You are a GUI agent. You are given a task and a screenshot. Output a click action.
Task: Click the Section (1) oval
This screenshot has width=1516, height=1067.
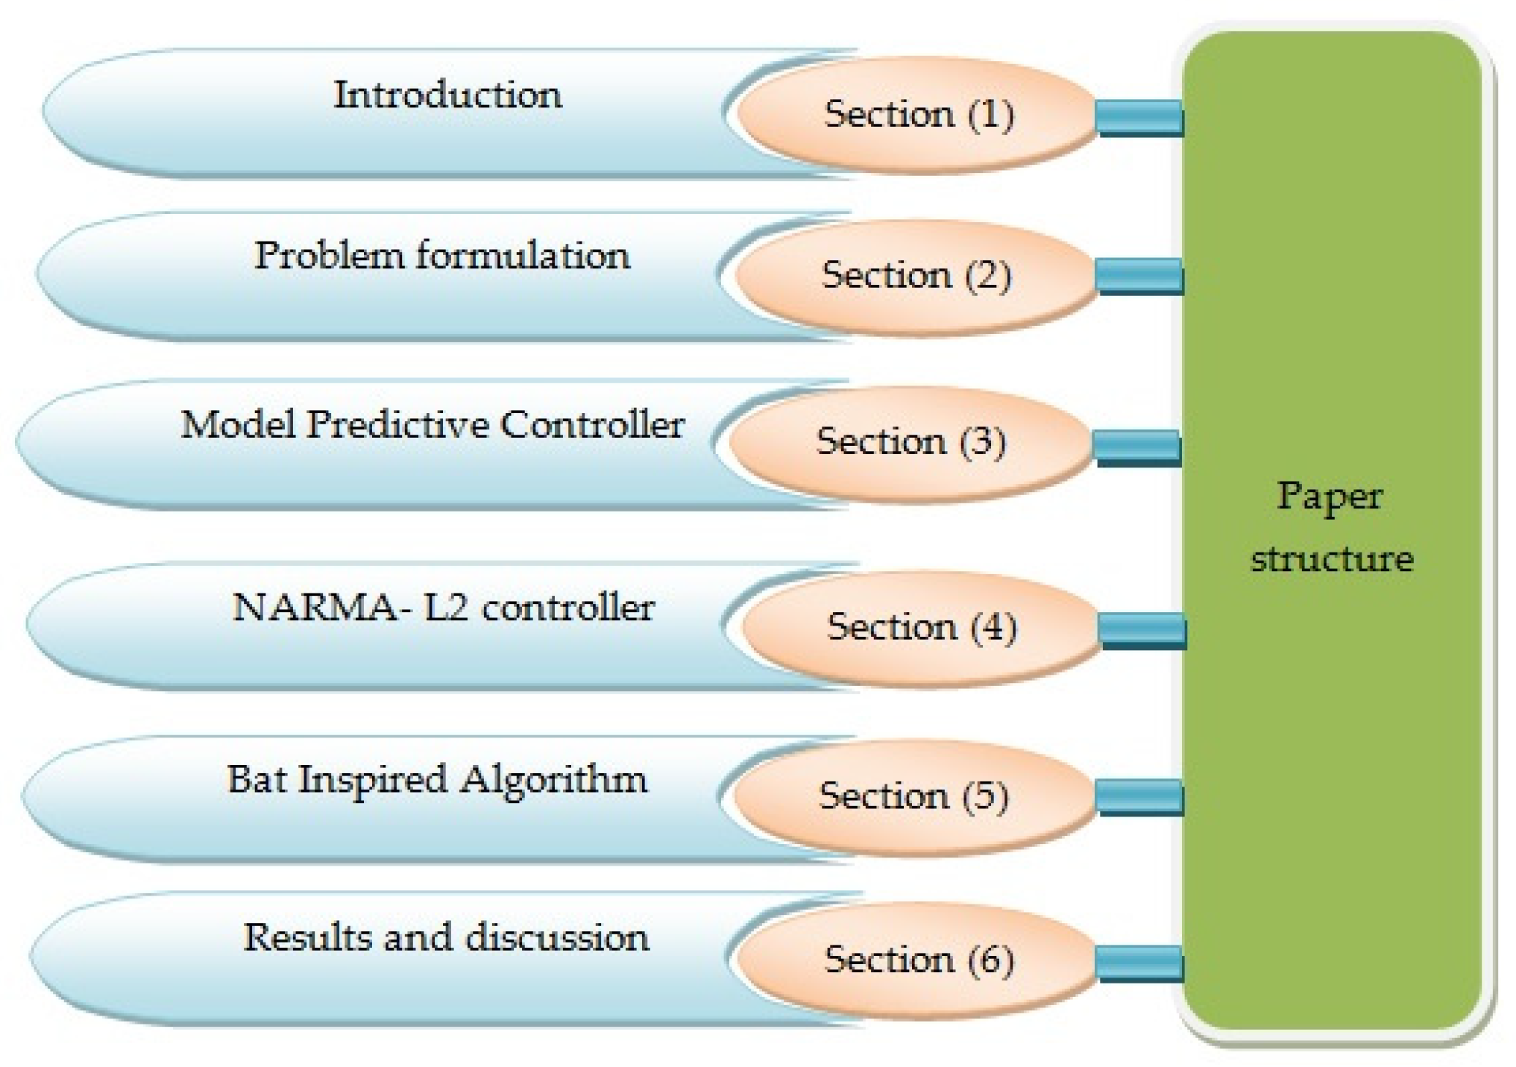(x=917, y=115)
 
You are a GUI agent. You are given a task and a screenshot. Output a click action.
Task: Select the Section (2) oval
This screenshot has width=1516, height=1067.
(x=916, y=276)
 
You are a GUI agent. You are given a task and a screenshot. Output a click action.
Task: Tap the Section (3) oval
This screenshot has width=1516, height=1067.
(x=910, y=442)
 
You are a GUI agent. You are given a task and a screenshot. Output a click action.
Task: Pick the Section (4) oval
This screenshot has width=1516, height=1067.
(x=921, y=627)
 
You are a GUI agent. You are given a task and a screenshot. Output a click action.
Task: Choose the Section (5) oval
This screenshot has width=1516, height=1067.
(x=913, y=796)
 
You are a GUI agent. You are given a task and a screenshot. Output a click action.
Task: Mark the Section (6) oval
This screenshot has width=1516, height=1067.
(x=918, y=960)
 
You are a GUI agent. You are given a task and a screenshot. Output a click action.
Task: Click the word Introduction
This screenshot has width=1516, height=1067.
(x=447, y=95)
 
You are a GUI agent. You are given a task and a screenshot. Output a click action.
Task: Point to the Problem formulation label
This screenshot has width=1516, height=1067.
(x=442, y=256)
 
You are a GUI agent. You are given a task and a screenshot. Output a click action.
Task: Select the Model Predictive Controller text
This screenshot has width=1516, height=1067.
(x=433, y=426)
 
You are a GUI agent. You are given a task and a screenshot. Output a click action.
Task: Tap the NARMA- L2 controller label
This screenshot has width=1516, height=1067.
(x=444, y=608)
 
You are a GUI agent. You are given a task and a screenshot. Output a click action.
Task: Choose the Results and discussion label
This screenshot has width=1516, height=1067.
(x=446, y=938)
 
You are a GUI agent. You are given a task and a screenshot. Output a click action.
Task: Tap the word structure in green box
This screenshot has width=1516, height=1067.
(x=1332, y=559)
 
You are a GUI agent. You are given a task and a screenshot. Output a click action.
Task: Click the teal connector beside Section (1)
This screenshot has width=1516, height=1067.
(x=1139, y=118)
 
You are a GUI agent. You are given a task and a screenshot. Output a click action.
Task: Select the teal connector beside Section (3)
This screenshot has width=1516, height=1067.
(x=1136, y=448)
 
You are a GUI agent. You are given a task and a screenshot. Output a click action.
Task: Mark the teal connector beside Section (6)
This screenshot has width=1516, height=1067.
(x=1139, y=963)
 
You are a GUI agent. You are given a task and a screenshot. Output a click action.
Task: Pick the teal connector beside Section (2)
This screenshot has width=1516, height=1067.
(x=1139, y=277)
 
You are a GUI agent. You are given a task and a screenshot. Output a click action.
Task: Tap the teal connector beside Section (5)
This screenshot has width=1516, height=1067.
(x=1139, y=798)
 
